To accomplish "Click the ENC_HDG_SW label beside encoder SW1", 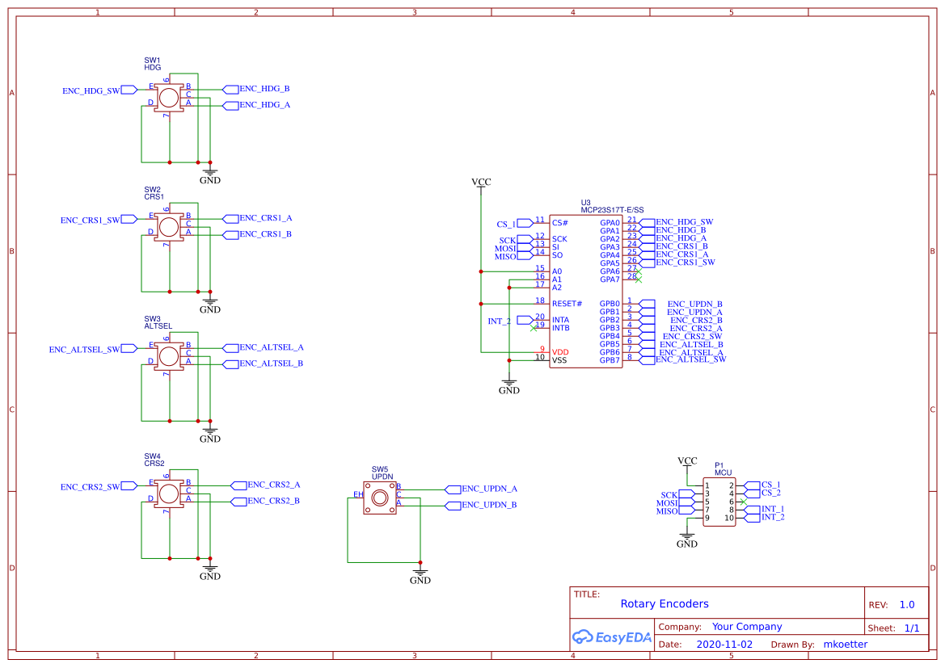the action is (x=91, y=91).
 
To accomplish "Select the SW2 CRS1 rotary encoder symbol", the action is (x=169, y=226).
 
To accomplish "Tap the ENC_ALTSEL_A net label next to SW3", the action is (x=271, y=347).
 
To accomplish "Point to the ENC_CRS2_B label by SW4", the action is (x=273, y=501).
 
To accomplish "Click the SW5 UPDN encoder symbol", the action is (x=380, y=498).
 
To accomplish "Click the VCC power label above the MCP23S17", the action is (x=481, y=182).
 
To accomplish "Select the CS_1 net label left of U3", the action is (x=506, y=224).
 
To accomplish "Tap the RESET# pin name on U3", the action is (x=567, y=304).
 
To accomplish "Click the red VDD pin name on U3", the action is (x=560, y=352).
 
